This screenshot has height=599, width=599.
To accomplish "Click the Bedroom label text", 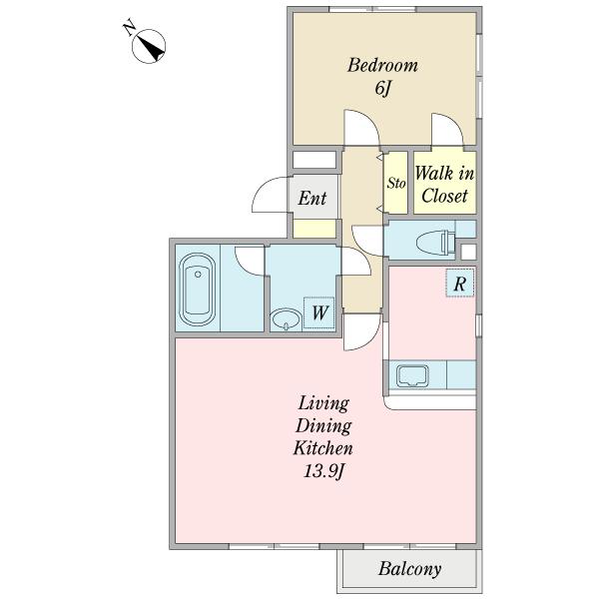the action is (382, 65).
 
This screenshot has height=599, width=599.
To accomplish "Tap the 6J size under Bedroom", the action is (383, 89).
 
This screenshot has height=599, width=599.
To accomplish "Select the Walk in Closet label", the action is (444, 185).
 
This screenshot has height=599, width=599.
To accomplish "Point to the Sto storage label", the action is (395, 183).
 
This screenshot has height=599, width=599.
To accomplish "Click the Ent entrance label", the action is (312, 199).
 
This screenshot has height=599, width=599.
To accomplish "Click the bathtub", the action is (197, 290).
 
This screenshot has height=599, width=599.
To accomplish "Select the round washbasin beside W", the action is (286, 318).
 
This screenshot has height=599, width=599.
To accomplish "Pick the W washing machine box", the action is (319, 312).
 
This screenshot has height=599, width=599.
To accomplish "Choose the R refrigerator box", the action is (460, 283).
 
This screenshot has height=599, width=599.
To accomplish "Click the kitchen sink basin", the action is (412, 376).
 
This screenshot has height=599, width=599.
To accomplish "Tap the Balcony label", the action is (410, 569).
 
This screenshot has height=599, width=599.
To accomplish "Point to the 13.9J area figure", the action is (324, 472).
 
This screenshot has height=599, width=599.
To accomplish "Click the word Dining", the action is (323, 426).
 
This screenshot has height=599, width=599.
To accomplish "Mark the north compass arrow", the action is (152, 48).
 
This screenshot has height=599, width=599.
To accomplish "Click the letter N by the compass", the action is (130, 28).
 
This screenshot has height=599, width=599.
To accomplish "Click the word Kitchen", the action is (322, 448).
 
